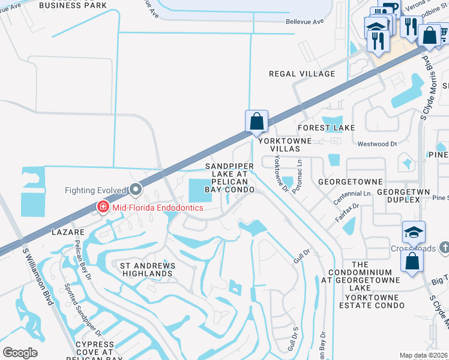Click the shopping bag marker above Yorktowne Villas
[x=256, y=121]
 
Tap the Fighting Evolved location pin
[x=136, y=190]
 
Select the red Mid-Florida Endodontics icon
[x=103, y=208]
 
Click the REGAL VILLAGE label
[x=301, y=74]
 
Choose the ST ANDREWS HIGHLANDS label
[x=147, y=269]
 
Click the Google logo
[x=20, y=353]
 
